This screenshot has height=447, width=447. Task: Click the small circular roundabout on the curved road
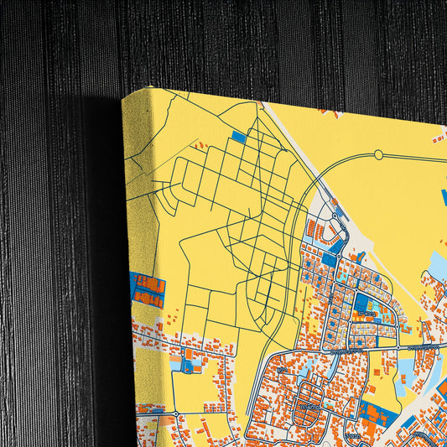[x=378, y=154]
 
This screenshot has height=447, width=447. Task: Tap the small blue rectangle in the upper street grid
[x=239, y=137]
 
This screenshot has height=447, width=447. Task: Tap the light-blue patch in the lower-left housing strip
[x=176, y=365]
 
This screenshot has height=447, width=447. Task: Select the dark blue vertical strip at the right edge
[x=444, y=198]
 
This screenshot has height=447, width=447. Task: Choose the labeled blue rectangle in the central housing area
[x=365, y=305]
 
